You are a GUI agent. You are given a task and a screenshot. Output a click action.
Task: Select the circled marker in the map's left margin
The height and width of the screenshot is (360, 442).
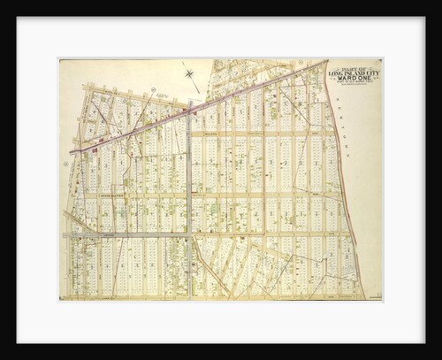pos(65,164)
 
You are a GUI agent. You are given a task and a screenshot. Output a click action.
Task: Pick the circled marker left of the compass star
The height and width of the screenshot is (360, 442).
pos(153,89)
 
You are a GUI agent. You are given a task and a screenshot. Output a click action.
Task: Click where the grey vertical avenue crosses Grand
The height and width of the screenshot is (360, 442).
pos(188,234)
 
